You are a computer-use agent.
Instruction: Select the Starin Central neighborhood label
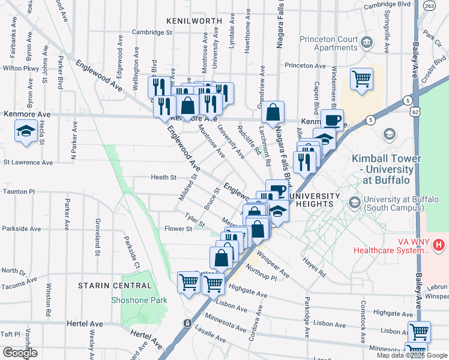114,286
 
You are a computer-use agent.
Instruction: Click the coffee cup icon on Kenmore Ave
332,119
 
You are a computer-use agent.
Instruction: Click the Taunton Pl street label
19,191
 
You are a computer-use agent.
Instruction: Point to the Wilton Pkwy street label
20,68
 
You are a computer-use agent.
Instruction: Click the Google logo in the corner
20,353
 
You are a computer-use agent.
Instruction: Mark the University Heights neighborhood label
312,200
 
